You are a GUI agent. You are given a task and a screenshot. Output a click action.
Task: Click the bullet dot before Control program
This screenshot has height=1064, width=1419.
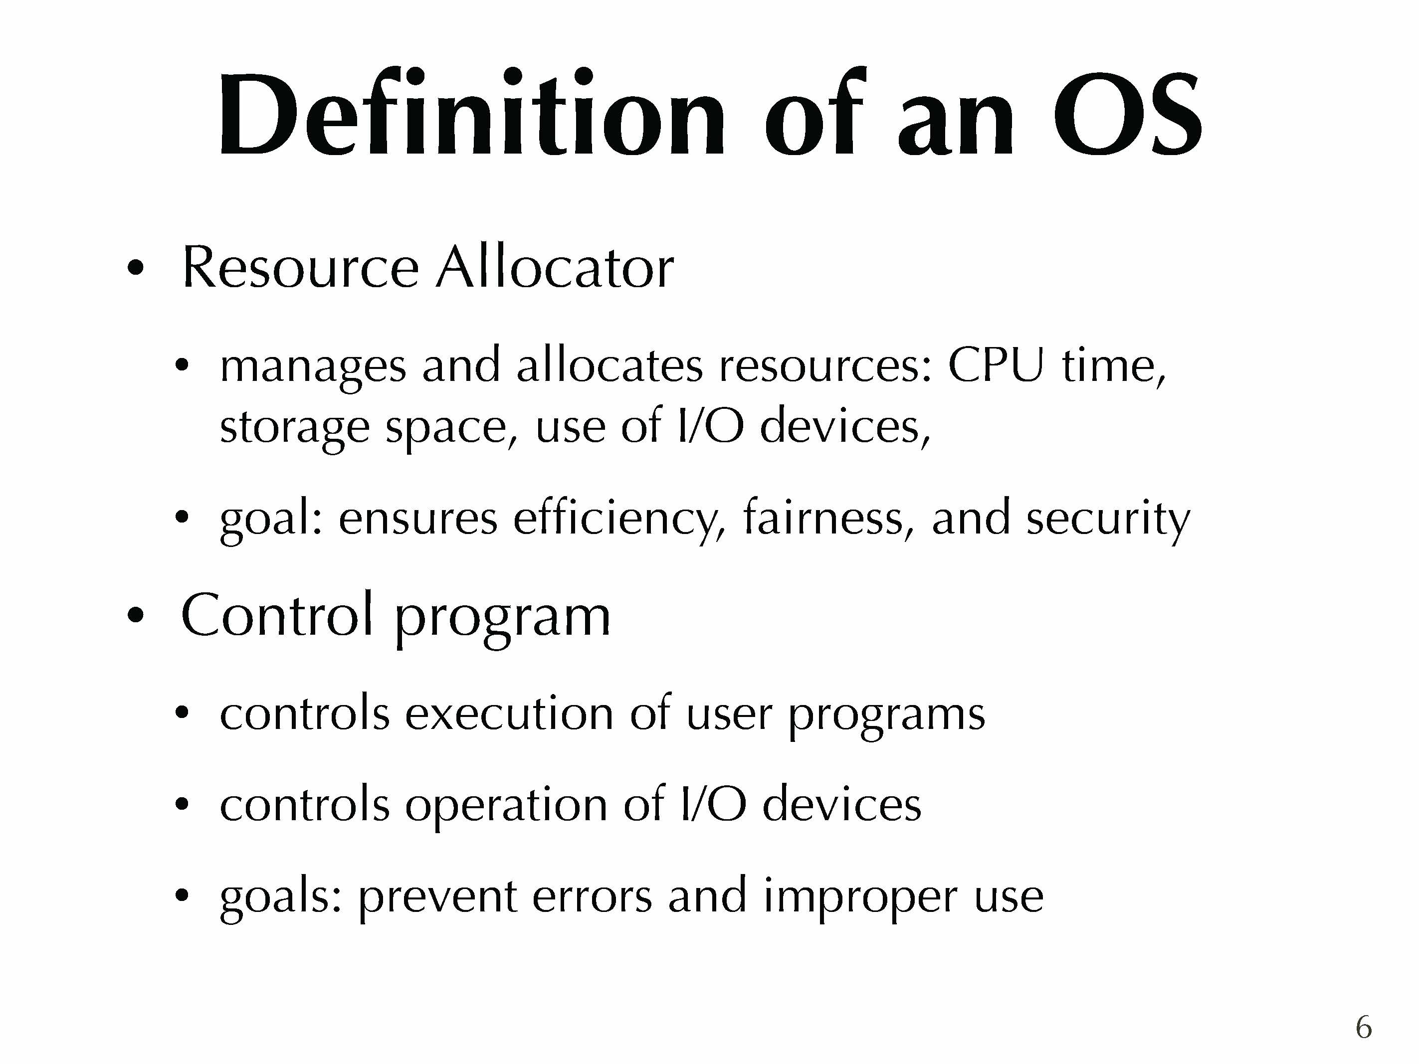point(135,616)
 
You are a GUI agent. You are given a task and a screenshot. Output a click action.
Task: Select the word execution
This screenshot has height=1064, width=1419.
point(509,712)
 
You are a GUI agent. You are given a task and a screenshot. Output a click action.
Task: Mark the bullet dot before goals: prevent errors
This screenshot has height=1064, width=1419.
point(182,895)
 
